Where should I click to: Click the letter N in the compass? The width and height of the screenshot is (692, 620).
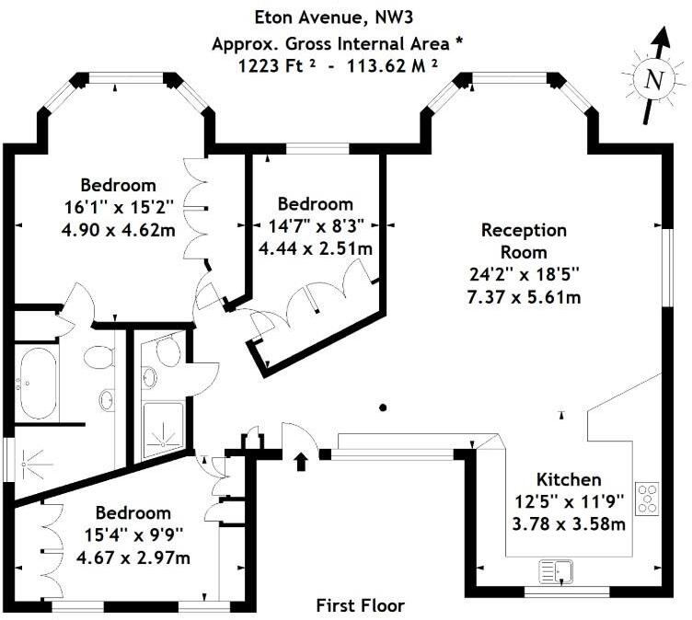pos(654,80)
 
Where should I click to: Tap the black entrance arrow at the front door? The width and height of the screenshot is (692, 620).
pos(302,462)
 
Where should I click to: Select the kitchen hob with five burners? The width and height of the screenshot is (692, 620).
pos(647,499)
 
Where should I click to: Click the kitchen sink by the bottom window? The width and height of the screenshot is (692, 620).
pos(556,571)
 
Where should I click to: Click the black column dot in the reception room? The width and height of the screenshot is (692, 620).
pos(383,408)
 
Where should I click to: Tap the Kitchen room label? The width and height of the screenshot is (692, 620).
pos(569,479)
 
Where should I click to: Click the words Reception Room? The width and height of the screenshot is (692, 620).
pos(524,241)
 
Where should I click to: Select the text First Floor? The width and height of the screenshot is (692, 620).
pos(360,605)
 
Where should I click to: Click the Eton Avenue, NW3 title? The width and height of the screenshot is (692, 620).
pos(334,17)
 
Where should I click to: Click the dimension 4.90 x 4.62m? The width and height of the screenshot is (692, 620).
pos(119,230)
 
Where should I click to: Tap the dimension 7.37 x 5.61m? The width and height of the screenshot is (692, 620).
pos(524,297)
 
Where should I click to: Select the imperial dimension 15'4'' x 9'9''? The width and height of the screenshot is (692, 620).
pos(133,535)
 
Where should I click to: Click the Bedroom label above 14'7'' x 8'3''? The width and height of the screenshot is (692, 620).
pos(316,204)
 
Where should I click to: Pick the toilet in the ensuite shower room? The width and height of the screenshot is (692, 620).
pos(168,350)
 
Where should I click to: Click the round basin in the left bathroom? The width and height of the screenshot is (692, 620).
pos(107,400)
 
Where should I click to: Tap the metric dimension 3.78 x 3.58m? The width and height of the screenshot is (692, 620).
pos(569,523)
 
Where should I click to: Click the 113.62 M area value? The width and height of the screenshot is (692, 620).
pos(393,66)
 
